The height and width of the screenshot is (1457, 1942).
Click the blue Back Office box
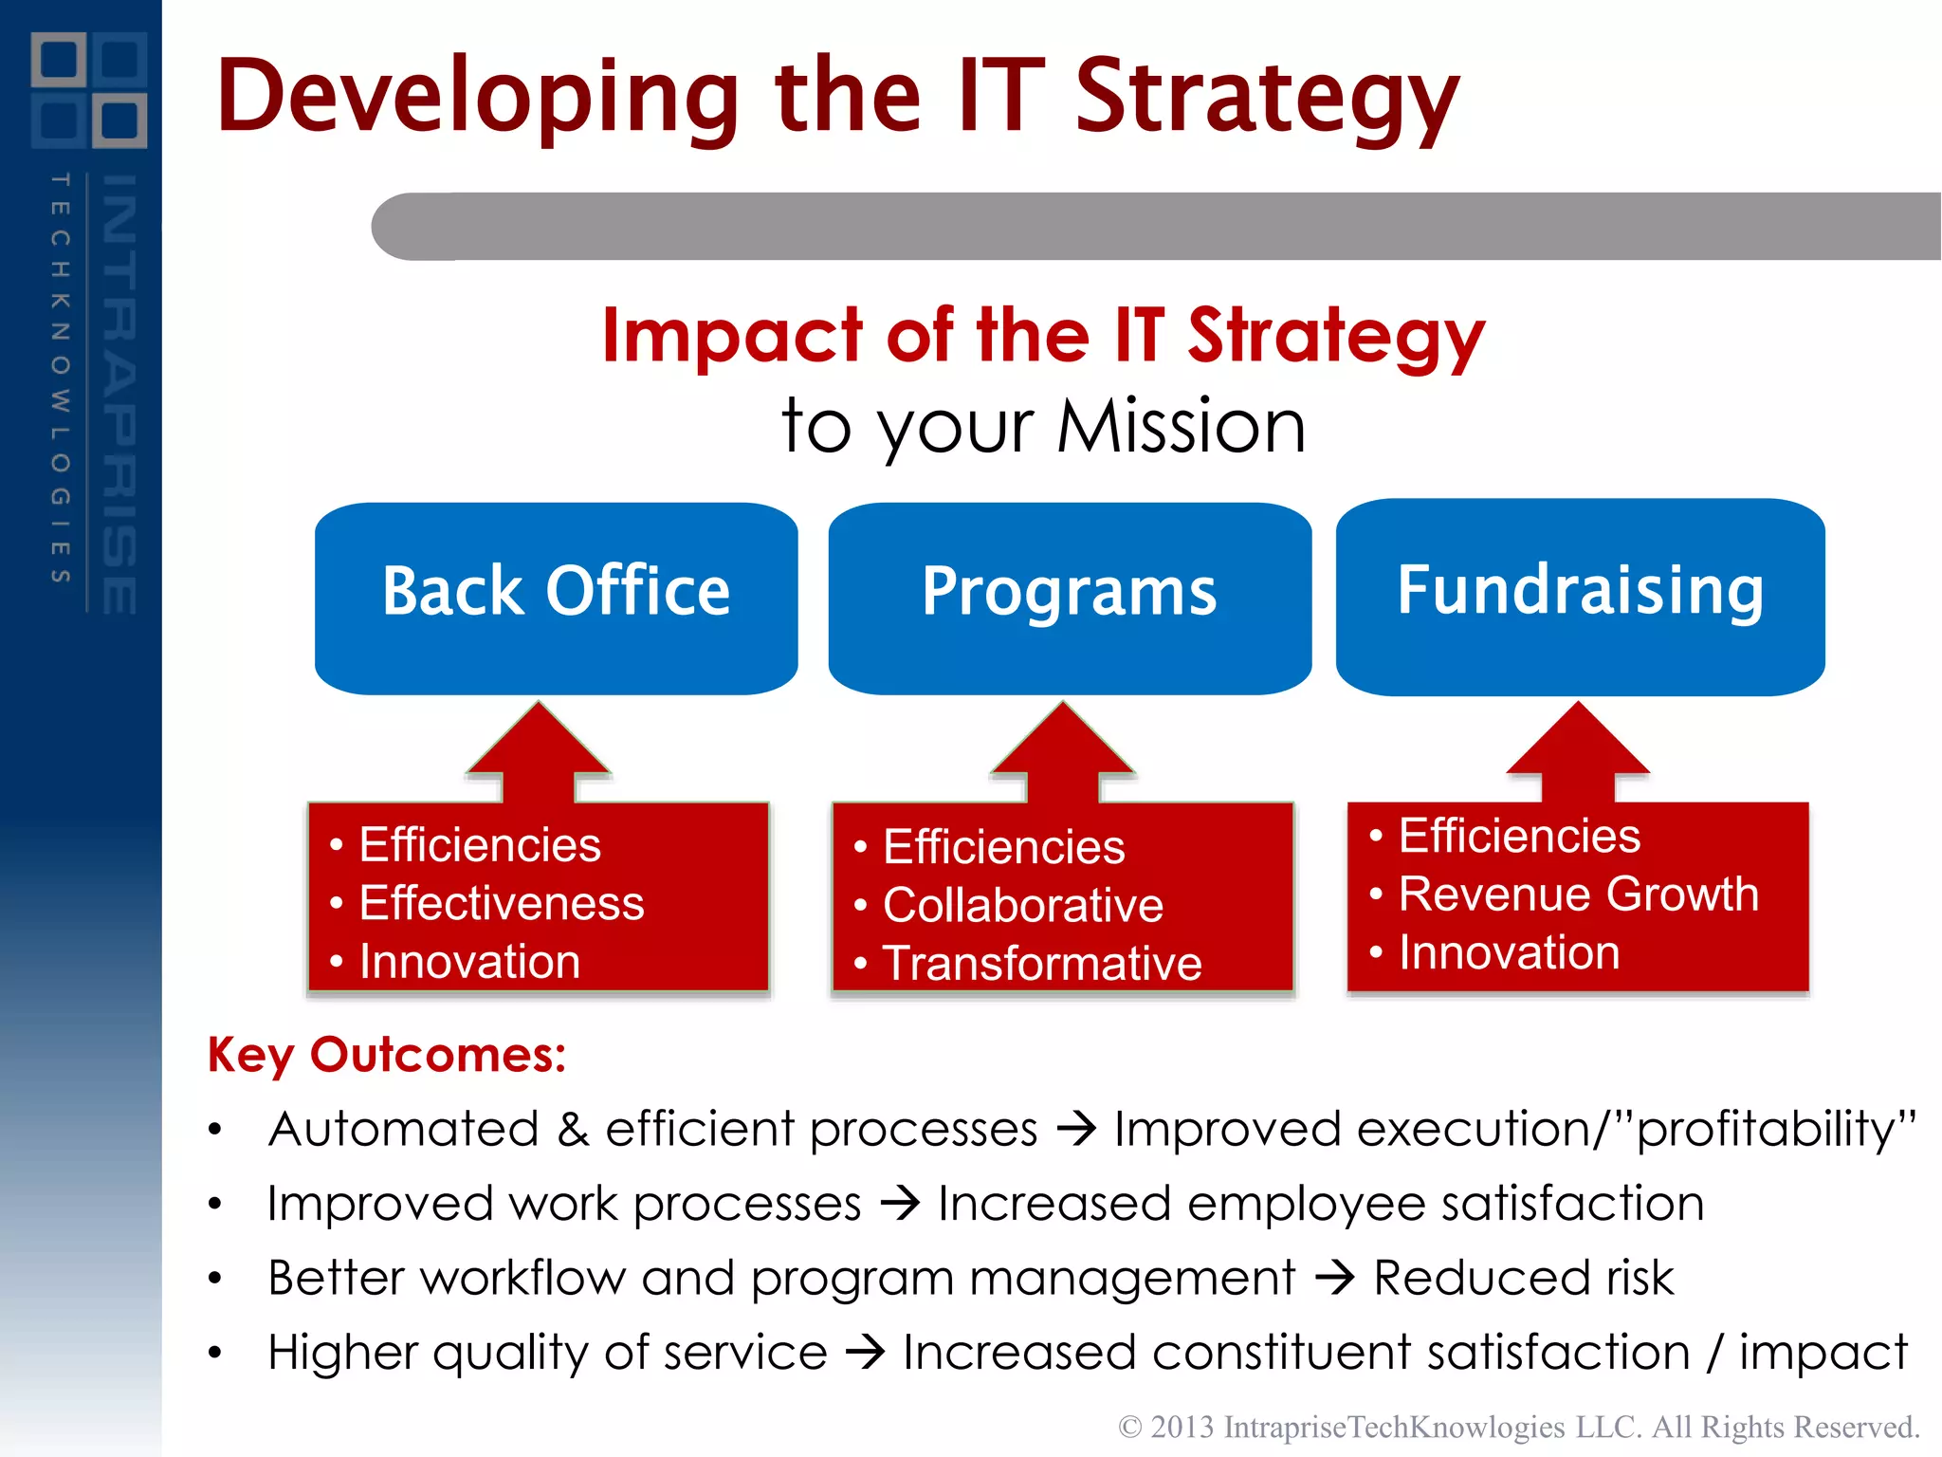(556, 598)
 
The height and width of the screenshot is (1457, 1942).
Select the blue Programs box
(1070, 598)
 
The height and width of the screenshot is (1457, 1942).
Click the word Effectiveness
(502, 903)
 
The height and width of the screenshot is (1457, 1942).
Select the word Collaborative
(1023, 905)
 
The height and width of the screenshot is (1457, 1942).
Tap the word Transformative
(1042, 964)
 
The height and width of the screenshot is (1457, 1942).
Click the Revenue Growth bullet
(1579, 894)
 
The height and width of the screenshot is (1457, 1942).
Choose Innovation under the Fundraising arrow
(1510, 952)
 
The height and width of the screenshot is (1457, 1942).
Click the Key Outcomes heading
(387, 1055)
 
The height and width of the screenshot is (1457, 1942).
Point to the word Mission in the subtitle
(1182, 427)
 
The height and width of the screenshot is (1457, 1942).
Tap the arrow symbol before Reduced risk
(1335, 1278)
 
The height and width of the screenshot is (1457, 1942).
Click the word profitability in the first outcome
(1766, 1129)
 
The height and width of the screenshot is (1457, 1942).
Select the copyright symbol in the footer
(1129, 1427)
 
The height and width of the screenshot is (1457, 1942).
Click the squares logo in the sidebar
(89, 90)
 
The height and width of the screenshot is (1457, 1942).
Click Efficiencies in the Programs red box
(1003, 847)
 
